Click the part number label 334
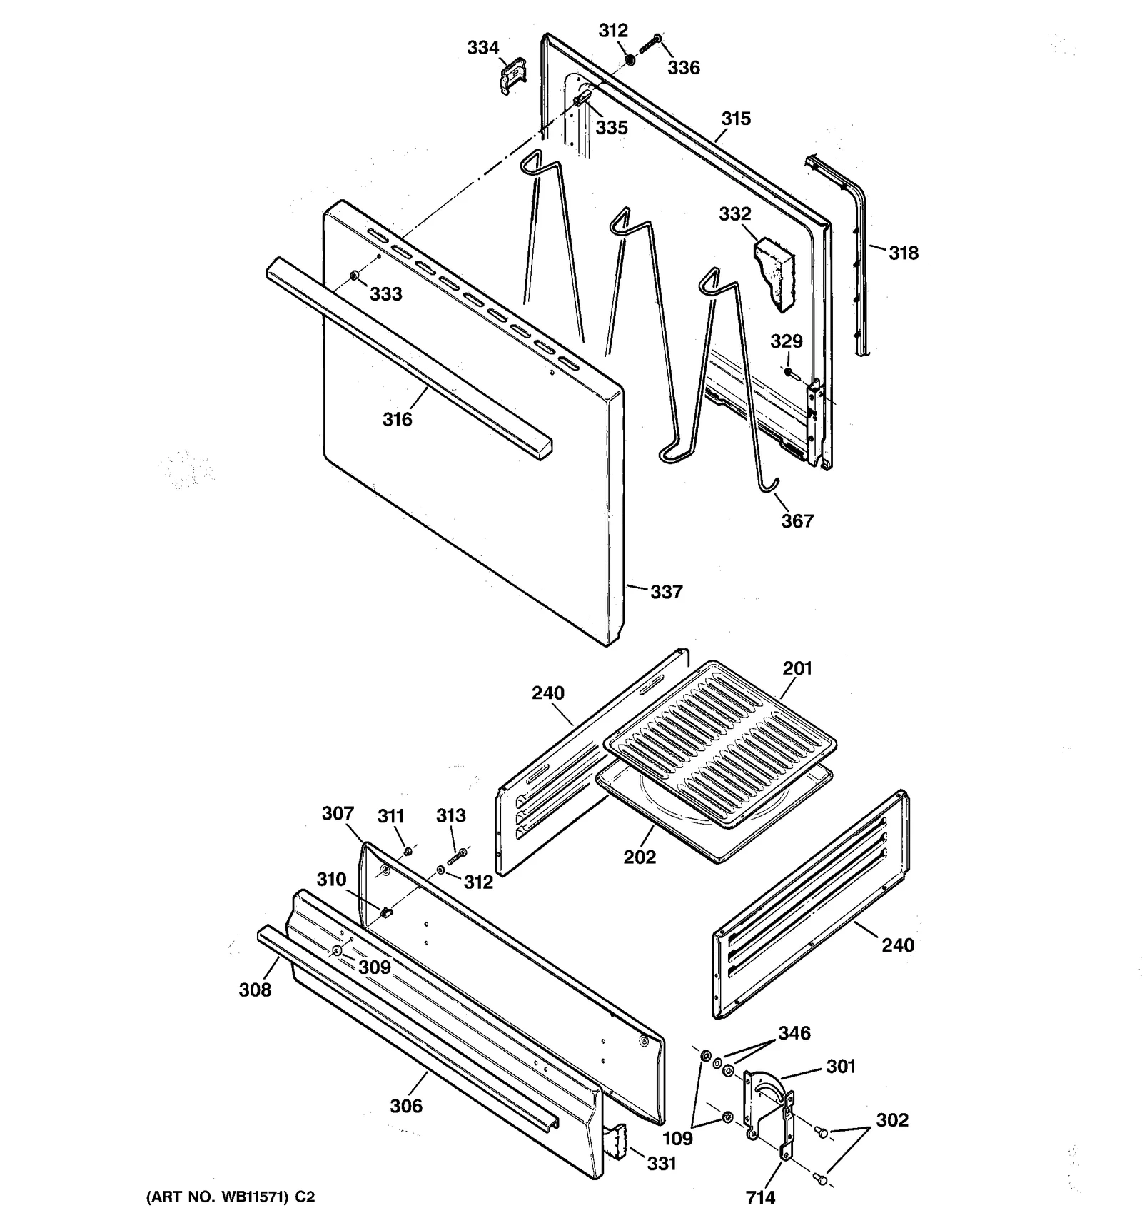tap(482, 48)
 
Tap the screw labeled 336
tap(651, 43)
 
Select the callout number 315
tap(735, 119)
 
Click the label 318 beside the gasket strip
tap(903, 253)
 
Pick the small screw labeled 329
tap(788, 372)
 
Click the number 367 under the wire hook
tap(797, 521)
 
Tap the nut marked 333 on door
tap(355, 276)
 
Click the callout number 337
tap(666, 592)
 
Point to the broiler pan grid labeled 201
tap(721, 743)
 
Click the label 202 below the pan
tap(639, 857)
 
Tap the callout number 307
tap(338, 814)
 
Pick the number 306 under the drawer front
tap(406, 1106)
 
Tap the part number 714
tap(760, 1197)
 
